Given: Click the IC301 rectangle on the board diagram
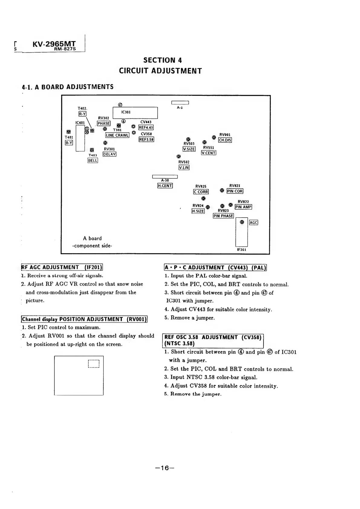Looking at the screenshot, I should [135, 113].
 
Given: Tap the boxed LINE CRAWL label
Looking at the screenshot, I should [117, 135].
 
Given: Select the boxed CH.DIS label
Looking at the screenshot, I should [225, 140].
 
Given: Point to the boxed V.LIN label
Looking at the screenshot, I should [184, 168].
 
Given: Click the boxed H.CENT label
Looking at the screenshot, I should [165, 186].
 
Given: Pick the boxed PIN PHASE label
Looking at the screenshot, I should [223, 216].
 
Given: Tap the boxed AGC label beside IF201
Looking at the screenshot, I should [254, 223].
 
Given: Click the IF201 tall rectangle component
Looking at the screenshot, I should [241, 232].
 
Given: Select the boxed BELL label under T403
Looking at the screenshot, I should [93, 161].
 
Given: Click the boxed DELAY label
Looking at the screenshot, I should [110, 154].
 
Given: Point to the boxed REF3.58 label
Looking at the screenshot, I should [146, 140].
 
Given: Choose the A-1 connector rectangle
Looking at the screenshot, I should [180, 102].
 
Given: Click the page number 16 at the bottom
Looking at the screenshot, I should [165, 468].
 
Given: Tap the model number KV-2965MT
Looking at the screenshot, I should [54, 44].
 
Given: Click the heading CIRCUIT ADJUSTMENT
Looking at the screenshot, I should [160, 71].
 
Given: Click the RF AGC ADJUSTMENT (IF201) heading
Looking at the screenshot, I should [62, 267].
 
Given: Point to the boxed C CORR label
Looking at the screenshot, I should [201, 192].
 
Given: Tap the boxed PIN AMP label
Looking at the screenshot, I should [243, 207].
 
